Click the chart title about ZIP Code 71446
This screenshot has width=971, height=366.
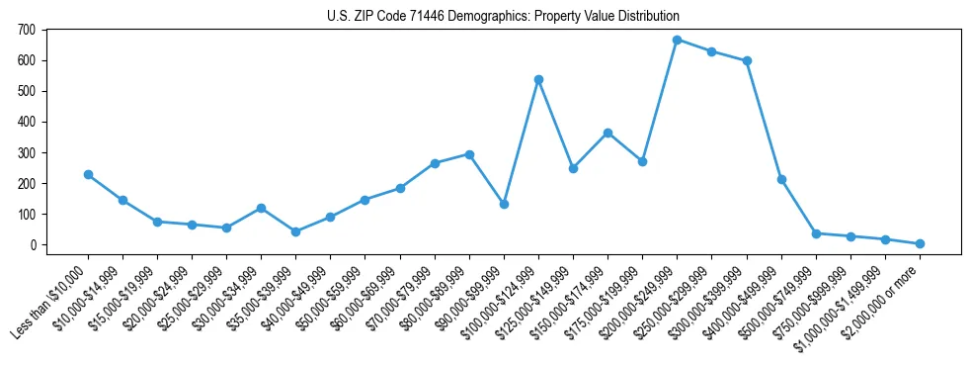503,16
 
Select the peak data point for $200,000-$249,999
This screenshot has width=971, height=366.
677,40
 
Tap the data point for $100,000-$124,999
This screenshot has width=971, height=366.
538,79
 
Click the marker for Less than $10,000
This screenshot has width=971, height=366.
88,174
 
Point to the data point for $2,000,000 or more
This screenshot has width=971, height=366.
920,243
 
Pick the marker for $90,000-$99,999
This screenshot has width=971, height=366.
504,204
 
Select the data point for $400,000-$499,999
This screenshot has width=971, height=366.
781,179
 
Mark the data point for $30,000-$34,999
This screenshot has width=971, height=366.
261,208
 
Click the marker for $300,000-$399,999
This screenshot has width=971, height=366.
747,60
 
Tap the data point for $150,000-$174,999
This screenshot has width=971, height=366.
607,133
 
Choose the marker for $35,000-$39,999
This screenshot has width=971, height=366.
295,231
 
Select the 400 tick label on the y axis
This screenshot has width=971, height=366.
30,122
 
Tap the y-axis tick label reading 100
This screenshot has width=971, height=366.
30,214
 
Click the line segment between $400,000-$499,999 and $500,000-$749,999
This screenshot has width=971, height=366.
798,206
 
